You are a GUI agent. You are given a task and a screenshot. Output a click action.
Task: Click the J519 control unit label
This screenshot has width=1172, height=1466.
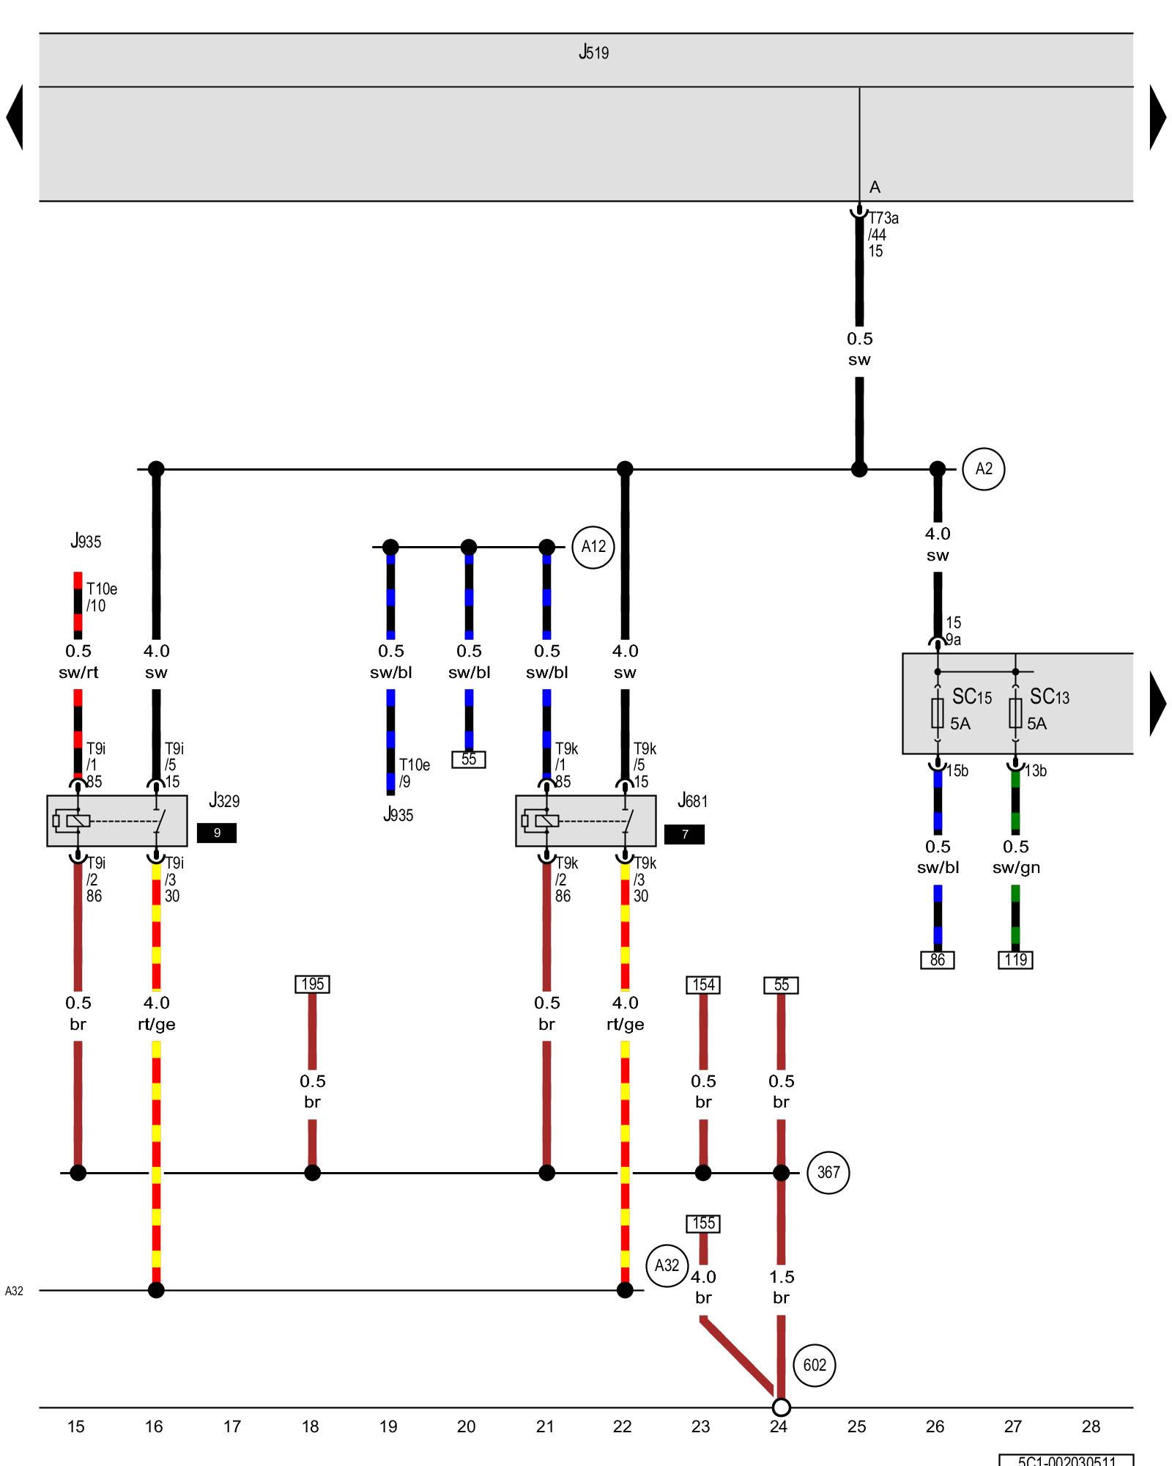pyautogui.click(x=593, y=52)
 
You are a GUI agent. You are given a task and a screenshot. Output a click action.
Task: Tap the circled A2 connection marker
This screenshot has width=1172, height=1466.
pyautogui.click(x=983, y=469)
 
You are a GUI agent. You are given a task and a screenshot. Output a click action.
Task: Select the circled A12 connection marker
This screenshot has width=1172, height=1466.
pyautogui.click(x=593, y=547)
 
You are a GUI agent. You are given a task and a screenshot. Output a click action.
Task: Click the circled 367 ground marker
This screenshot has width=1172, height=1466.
pyautogui.click(x=828, y=1173)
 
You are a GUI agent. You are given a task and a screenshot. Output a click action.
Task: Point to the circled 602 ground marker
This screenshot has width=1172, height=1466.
pyautogui.click(x=814, y=1365)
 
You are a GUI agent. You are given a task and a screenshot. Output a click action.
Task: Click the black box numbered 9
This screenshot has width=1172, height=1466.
pyautogui.click(x=217, y=833)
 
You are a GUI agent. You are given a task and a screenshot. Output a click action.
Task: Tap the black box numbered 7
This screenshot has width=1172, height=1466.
pyautogui.click(x=684, y=834)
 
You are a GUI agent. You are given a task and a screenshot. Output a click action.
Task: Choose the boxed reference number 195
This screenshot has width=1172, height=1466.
pyautogui.click(x=312, y=984)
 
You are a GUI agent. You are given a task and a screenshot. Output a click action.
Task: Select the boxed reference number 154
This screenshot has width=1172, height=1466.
pyautogui.click(x=703, y=984)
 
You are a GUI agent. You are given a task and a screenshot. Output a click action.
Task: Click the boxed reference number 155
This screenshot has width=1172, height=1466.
pyautogui.click(x=703, y=1223)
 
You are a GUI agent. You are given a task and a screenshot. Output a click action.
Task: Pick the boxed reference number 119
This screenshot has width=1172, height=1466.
pyautogui.click(x=1015, y=959)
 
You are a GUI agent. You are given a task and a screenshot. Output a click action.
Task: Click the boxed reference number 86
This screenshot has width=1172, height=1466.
pyautogui.click(x=938, y=959)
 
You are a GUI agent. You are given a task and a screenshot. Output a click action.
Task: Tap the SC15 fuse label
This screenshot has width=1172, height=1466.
pyautogui.click(x=971, y=696)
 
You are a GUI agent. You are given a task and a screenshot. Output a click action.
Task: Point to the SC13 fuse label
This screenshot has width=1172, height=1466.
pyautogui.click(x=1049, y=696)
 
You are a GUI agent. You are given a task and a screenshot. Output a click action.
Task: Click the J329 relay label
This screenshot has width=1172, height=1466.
pyautogui.click(x=224, y=800)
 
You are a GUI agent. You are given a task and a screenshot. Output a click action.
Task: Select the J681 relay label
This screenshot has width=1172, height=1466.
pyautogui.click(x=693, y=800)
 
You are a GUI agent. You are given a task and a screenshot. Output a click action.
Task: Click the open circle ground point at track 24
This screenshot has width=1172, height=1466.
pyautogui.click(x=782, y=1407)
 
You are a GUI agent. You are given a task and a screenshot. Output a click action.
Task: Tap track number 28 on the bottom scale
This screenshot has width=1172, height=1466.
pyautogui.click(x=1091, y=1426)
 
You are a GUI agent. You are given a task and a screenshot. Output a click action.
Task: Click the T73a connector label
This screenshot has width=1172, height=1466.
pyautogui.click(x=883, y=218)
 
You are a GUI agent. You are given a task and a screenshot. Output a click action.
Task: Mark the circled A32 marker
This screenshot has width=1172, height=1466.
pyautogui.click(x=667, y=1265)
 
